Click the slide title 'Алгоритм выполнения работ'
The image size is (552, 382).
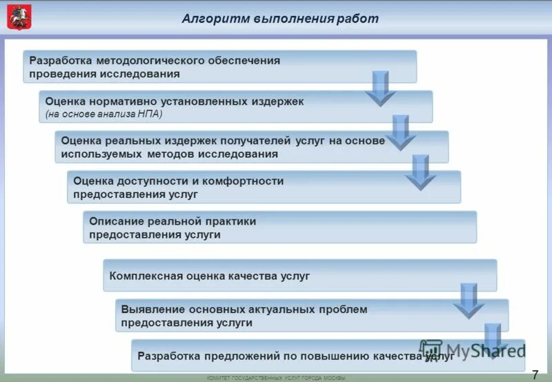point(279,19)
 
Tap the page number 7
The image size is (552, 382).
point(535,374)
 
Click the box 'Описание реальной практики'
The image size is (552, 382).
point(276,227)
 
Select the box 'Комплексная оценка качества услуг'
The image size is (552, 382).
point(276,276)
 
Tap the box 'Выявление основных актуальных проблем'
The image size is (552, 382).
point(290,316)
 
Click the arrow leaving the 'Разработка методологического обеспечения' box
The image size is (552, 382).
point(380,88)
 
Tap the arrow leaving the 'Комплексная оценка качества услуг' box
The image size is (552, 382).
point(469,301)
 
